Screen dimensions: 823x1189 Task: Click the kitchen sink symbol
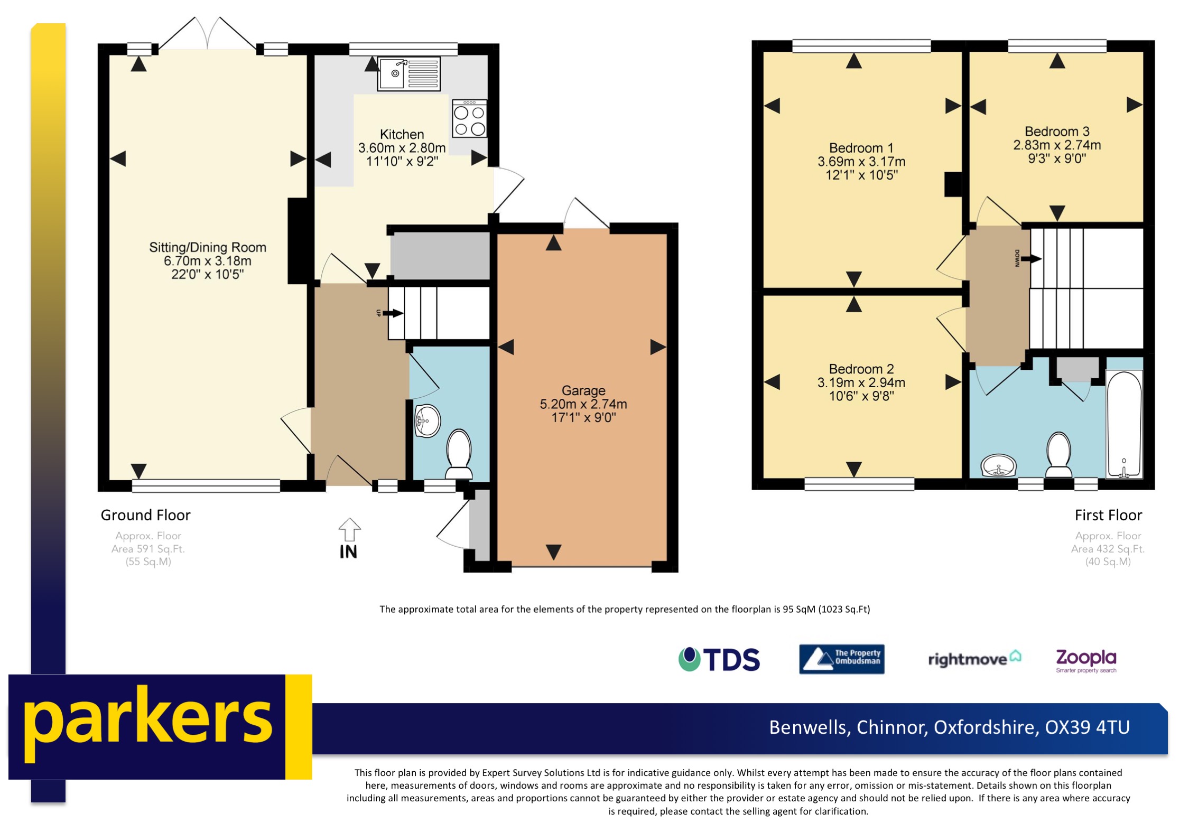pyautogui.click(x=408, y=74)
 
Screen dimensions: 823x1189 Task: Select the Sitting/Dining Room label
pyautogui.click(x=207, y=247)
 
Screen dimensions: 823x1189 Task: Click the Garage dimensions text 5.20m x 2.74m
pyautogui.click(x=583, y=404)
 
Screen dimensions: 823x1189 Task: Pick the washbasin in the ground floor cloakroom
pyautogui.click(x=427, y=421)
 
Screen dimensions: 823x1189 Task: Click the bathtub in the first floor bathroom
pyautogui.click(x=1123, y=424)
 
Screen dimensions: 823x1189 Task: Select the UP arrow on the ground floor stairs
pyautogui.click(x=392, y=313)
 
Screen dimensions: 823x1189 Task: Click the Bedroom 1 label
pyautogui.click(x=861, y=148)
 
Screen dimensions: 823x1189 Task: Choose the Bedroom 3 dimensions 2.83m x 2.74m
pyautogui.click(x=1056, y=145)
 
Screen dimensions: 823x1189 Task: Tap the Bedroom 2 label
pyautogui.click(x=861, y=369)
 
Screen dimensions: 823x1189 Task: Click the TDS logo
pyautogui.click(x=719, y=659)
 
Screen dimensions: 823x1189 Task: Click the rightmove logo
pyautogui.click(x=974, y=659)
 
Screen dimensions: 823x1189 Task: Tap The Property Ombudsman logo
pyautogui.click(x=841, y=659)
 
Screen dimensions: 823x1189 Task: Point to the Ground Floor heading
pyautogui.click(x=145, y=515)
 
